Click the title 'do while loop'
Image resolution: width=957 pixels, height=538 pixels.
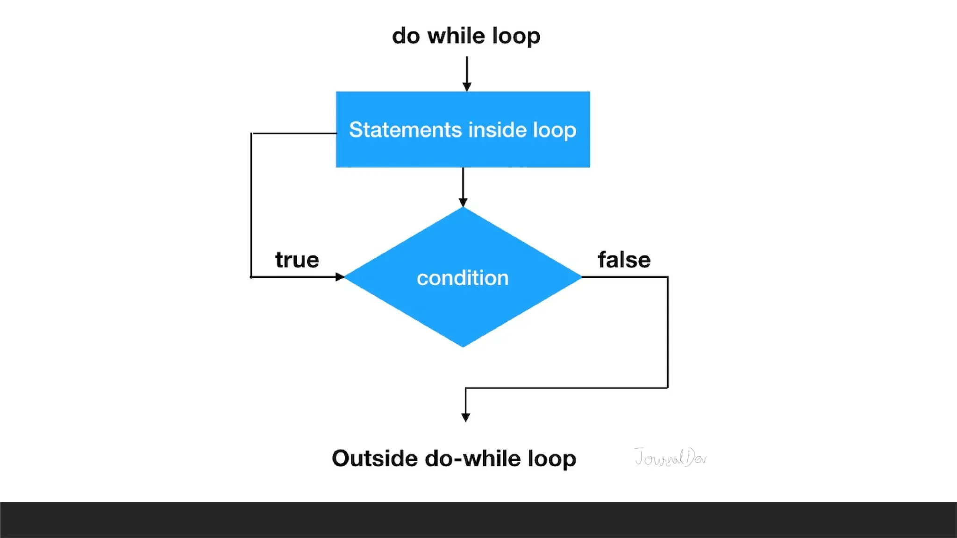[x=466, y=36]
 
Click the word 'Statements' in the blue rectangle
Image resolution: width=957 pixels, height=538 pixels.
[x=405, y=130]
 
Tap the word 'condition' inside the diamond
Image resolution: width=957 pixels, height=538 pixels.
[x=463, y=278]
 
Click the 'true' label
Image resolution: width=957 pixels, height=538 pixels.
[x=297, y=260]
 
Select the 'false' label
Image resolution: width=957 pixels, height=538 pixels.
[x=624, y=260]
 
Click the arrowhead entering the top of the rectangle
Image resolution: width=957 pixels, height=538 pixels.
[x=467, y=87]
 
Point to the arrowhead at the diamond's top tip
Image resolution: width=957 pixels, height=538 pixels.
[x=463, y=202]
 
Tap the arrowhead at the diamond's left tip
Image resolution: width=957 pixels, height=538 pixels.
[x=340, y=277]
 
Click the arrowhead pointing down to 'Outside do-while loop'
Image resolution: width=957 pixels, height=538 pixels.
[x=465, y=417]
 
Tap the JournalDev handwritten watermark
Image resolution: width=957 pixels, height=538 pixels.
[x=670, y=457]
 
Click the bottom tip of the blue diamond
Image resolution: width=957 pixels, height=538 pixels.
[x=463, y=346]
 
